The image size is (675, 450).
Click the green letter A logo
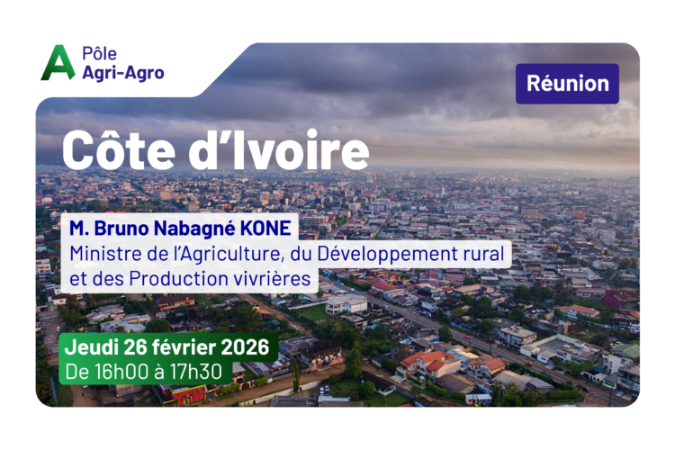click(58, 63)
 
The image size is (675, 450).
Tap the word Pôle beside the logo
click(99, 54)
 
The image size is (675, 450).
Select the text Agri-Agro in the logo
click(123, 73)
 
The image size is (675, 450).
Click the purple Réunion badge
click(567, 84)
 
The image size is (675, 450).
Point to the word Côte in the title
click(119, 149)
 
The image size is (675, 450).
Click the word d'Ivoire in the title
click(279, 149)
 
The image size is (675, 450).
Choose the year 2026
click(246, 347)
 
